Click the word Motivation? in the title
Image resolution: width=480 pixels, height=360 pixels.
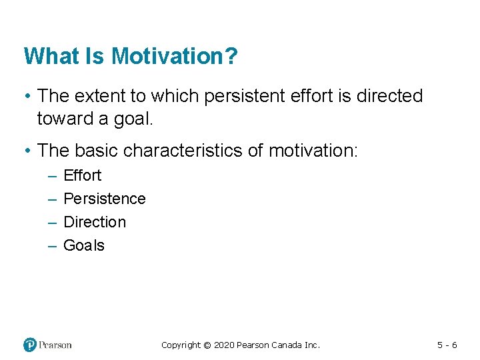click(x=174, y=56)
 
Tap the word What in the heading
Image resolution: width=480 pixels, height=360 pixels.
click(x=47, y=56)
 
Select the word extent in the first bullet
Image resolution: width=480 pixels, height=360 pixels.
click(x=99, y=96)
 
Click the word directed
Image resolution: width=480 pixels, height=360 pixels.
click(x=389, y=96)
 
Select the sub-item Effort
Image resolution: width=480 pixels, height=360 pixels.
click(x=82, y=175)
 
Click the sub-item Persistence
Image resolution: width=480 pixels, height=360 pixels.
click(x=104, y=199)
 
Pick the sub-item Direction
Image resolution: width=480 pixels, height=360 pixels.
click(x=94, y=222)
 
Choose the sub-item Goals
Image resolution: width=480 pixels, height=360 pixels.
click(x=83, y=245)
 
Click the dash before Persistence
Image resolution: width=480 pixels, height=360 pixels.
click(x=52, y=199)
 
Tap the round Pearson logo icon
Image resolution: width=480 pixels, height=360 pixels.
click(x=30, y=345)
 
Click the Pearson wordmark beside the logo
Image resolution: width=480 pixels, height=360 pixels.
click(x=55, y=345)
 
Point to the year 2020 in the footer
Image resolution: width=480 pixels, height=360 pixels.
click(x=225, y=345)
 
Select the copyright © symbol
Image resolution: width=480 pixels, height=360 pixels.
click(x=207, y=345)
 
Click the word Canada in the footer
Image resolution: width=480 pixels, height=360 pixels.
click(x=288, y=345)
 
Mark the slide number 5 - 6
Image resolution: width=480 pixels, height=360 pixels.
click(x=447, y=345)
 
